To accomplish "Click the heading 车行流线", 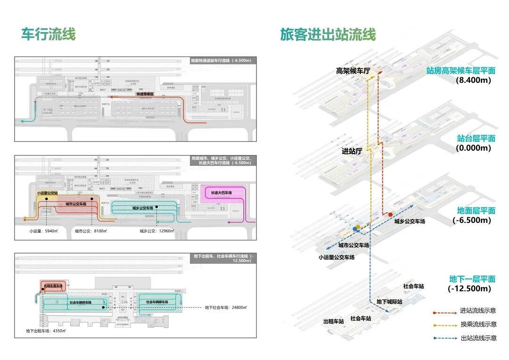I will click(48, 34).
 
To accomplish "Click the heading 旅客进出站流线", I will click(328, 35).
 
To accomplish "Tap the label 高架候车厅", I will click(353, 71).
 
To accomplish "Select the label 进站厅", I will click(352, 151).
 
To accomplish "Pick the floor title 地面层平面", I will click(476, 210).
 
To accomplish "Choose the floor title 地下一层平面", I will click(472, 278).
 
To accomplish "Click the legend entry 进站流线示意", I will click(478, 311).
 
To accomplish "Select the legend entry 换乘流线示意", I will click(478, 324).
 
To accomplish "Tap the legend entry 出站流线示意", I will click(478, 338).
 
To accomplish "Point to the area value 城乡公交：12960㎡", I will click(156, 231).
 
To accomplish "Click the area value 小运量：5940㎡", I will click(42, 231).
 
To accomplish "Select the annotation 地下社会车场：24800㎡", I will click(226, 308).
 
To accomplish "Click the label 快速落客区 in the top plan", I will click(146, 94).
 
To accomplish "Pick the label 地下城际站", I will click(389, 301).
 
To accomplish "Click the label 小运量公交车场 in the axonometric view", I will click(336, 257).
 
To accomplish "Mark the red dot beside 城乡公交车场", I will click(390, 214).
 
